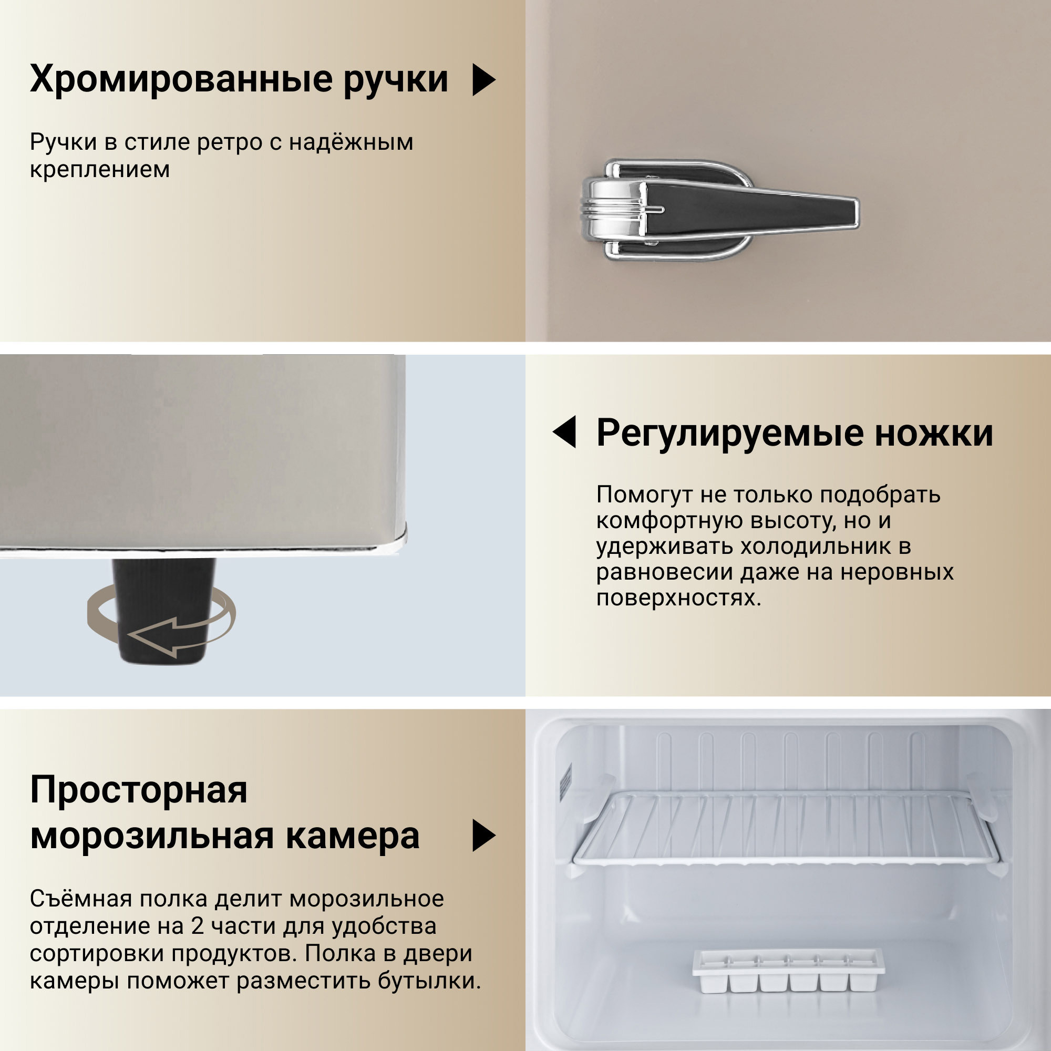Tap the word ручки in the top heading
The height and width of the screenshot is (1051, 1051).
coord(396,79)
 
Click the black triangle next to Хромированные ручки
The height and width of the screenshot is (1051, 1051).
coord(482,79)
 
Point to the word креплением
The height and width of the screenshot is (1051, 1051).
coord(100,170)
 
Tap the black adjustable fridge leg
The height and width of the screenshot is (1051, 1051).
coord(163,609)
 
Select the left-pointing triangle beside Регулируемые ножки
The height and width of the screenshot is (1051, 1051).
coord(566,432)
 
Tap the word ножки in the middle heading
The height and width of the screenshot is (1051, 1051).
coord(934,434)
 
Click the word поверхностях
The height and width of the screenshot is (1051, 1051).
coord(678,598)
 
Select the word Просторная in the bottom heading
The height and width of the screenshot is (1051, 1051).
coord(139,790)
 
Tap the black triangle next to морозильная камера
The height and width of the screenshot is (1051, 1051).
coord(482,836)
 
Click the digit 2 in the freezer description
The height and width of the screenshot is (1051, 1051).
coord(197,926)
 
